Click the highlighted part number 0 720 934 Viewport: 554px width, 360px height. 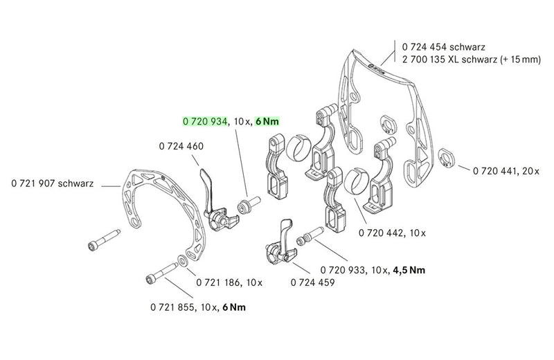205,121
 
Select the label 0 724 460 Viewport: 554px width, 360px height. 180,147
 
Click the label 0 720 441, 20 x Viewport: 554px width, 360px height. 499,170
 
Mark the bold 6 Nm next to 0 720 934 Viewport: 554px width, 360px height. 267,121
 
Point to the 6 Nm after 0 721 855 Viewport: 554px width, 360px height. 232,306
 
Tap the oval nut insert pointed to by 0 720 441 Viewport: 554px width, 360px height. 447,158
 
